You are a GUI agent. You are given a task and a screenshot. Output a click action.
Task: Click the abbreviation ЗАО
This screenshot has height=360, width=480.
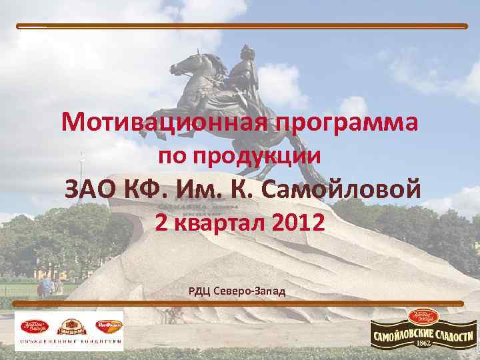coord(89,190)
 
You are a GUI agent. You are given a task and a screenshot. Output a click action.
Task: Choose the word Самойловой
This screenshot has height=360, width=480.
coord(341,190)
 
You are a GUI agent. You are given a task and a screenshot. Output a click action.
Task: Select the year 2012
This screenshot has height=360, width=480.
coord(299,223)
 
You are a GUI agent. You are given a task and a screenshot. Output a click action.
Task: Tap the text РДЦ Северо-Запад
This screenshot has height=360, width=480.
coord(237,291)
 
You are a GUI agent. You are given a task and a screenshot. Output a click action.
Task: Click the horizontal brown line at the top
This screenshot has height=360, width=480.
coord(240,26)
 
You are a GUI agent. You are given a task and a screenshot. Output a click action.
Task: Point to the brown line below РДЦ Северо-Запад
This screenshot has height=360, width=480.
coord(240,303)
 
